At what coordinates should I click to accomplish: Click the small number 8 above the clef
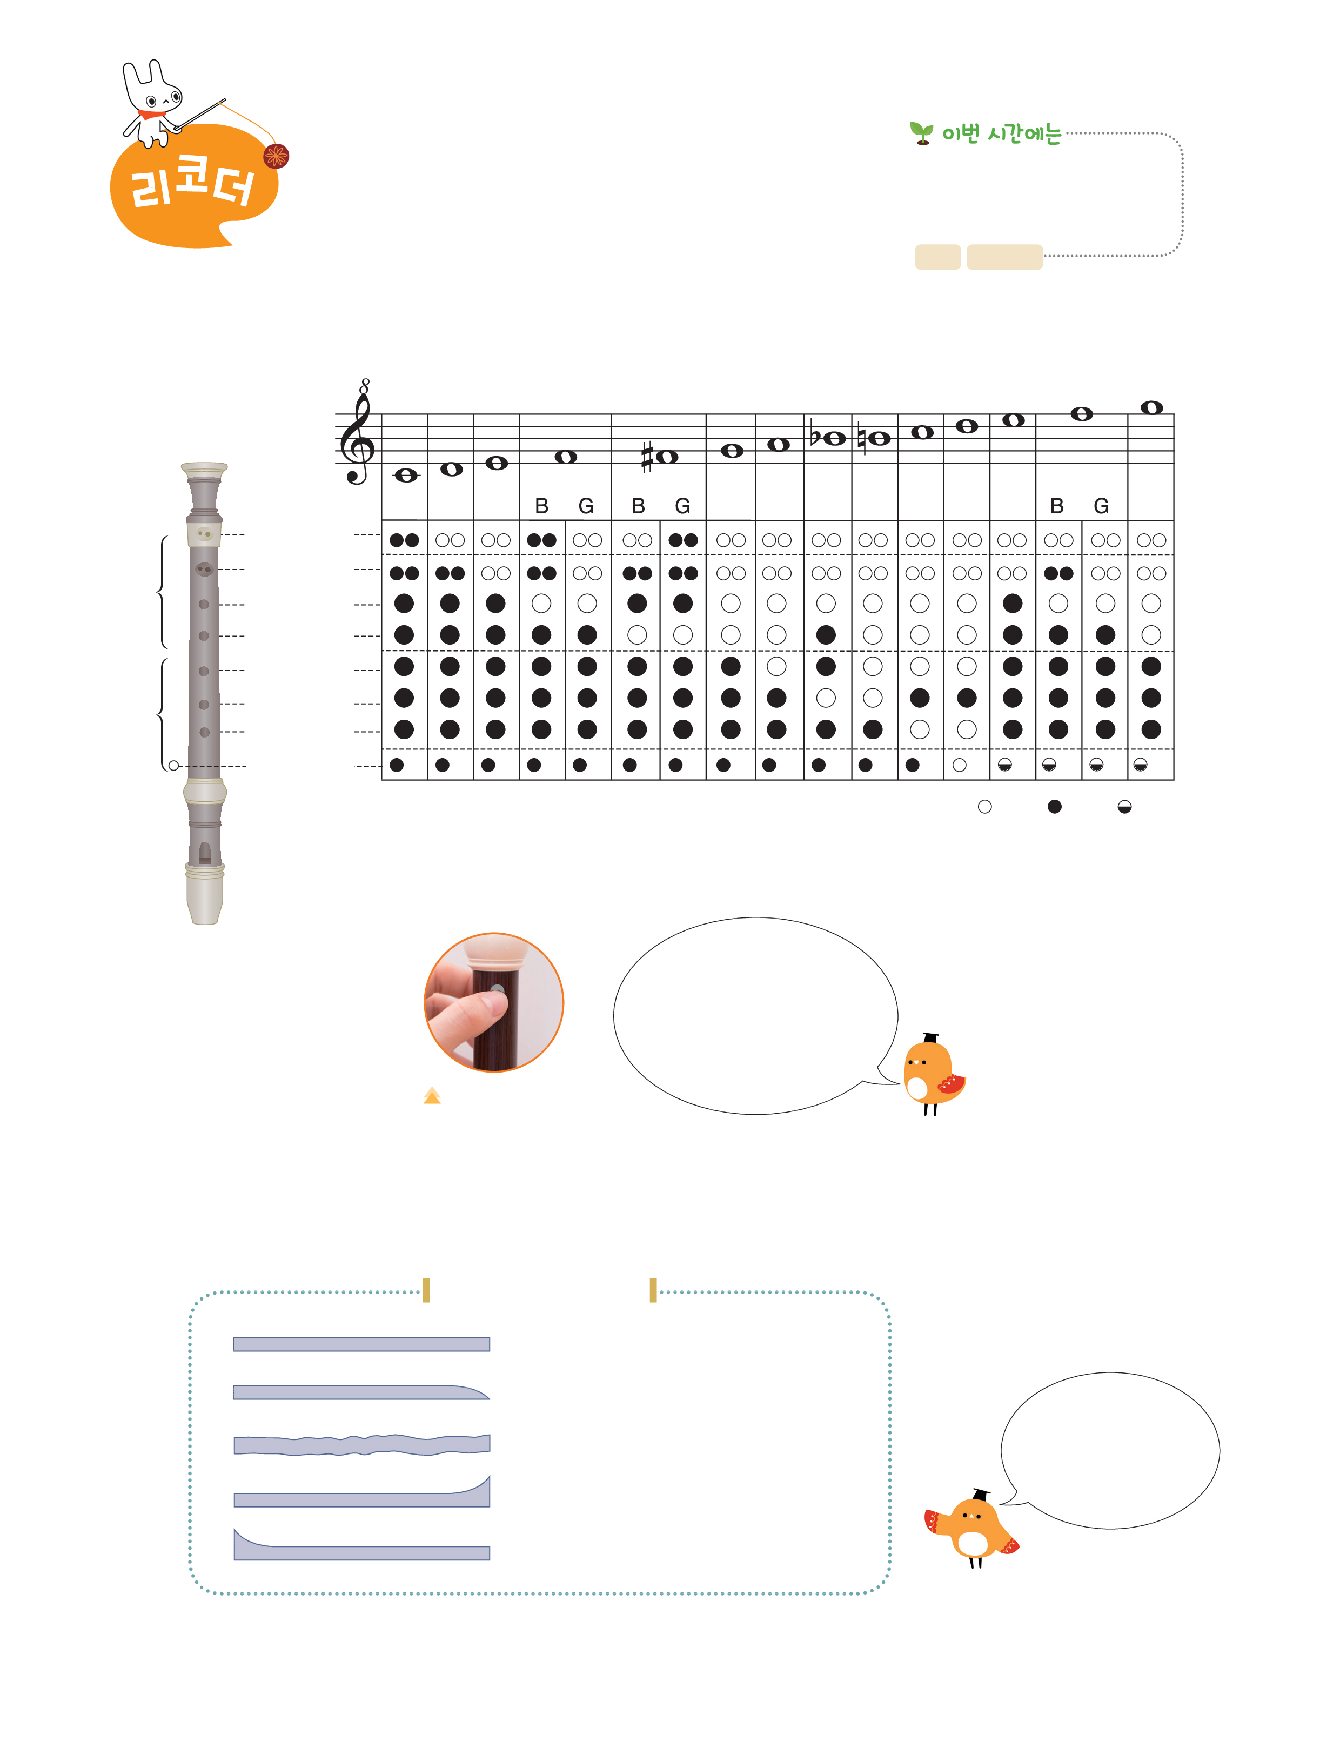[365, 385]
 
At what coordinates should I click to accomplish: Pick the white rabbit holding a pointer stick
[159, 104]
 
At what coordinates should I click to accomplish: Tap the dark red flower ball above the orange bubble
[276, 156]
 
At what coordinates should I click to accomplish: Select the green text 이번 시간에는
[1002, 134]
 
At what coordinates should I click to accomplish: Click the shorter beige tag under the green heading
[937, 257]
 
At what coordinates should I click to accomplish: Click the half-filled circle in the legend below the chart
[1124, 807]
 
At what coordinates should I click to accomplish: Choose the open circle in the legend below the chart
[985, 807]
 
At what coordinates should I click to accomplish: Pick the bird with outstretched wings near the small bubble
[971, 1527]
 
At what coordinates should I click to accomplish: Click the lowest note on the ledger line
[406, 476]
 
